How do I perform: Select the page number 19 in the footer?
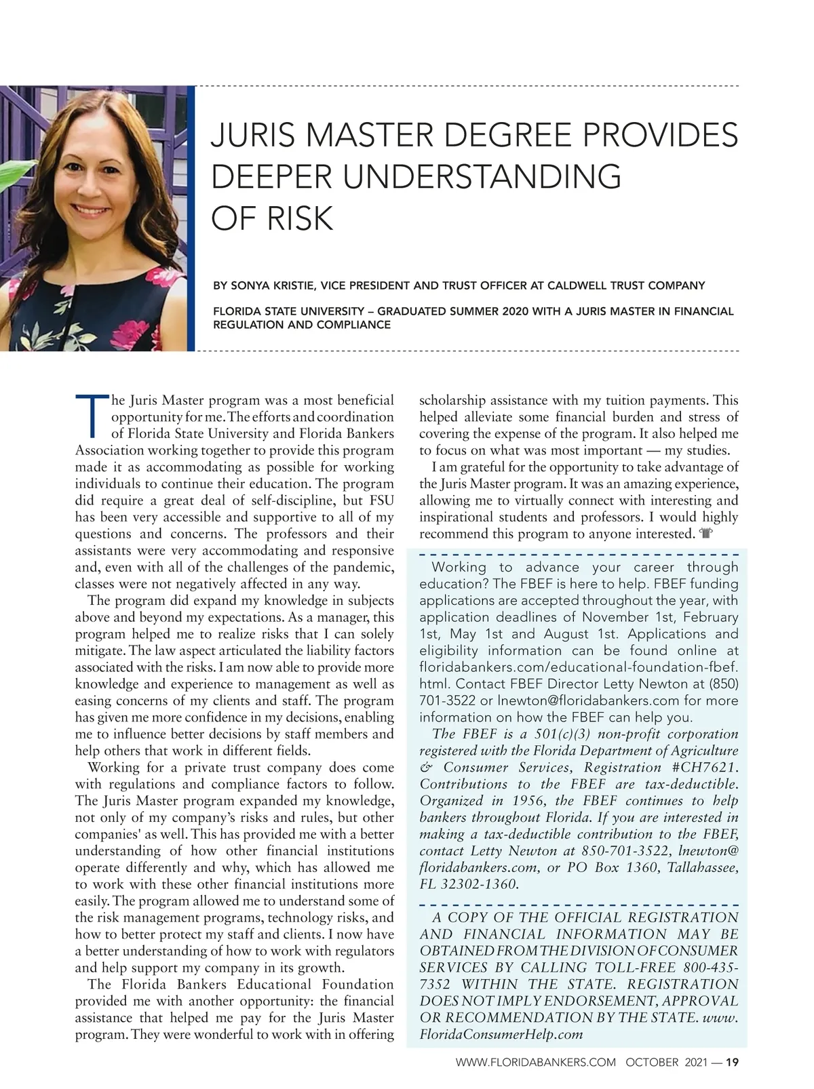(x=732, y=1063)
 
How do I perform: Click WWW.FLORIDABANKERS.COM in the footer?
(x=536, y=1063)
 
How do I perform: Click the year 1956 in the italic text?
(x=531, y=801)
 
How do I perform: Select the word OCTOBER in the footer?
(x=652, y=1063)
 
